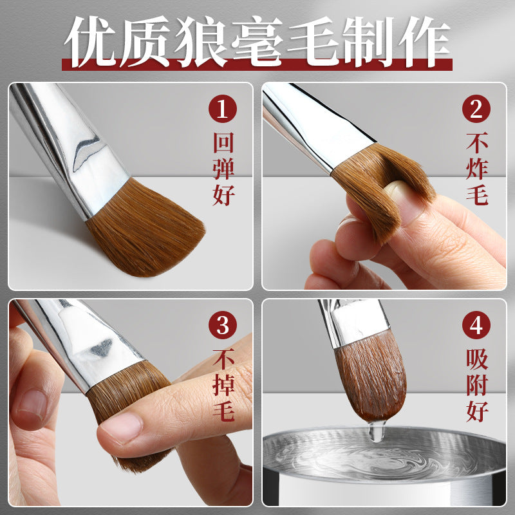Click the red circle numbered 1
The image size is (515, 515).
point(223,109)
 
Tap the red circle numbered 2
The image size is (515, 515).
point(476,109)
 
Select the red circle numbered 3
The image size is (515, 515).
point(223,325)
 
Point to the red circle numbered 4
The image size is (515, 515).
point(476,325)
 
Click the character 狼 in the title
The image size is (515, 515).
point(201,41)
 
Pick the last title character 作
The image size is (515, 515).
point(424,41)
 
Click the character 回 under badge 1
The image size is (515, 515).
point(223,142)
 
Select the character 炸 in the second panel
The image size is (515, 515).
point(477,169)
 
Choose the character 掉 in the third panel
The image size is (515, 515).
point(223,385)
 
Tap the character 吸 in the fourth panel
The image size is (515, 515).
point(477,359)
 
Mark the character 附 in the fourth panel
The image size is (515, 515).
point(477,385)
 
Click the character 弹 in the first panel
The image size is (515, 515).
point(223,169)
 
